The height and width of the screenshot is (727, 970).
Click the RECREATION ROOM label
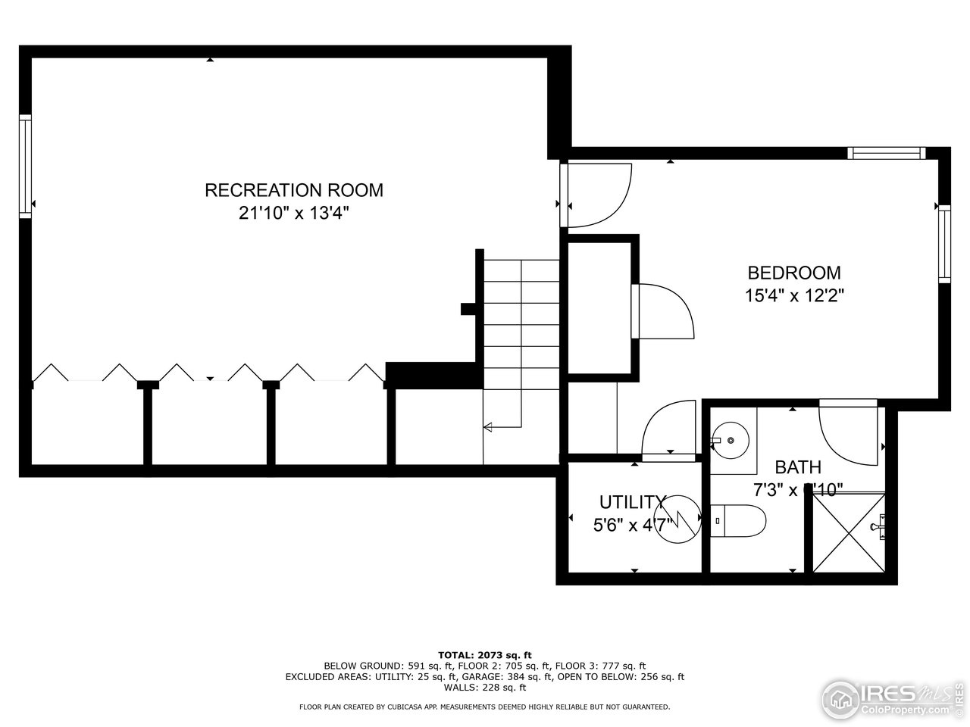pos(294,190)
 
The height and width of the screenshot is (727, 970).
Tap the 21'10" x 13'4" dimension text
pos(294,214)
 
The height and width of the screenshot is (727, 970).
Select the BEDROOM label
pos(794,273)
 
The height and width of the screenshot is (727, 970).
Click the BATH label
pos(797,467)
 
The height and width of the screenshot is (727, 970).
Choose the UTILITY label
pos(631,502)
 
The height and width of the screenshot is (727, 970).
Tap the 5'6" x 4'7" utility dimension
pos(631,523)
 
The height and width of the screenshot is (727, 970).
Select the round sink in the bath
pos(731,439)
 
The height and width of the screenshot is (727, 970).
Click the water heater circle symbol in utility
pos(677,520)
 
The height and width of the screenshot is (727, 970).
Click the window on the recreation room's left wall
pos(26,167)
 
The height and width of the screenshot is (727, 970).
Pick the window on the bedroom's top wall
pos(887,153)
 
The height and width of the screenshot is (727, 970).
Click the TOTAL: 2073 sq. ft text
pos(485,654)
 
